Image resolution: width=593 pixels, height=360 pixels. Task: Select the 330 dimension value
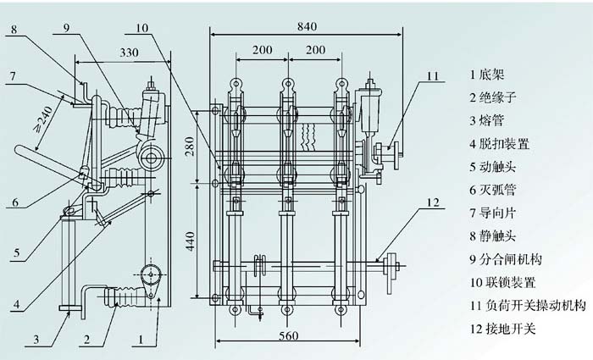[129, 53]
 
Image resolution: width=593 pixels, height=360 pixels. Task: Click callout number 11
[432, 75]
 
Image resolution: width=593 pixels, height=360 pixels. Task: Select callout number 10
[141, 27]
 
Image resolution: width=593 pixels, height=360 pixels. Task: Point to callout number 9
[68, 27]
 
